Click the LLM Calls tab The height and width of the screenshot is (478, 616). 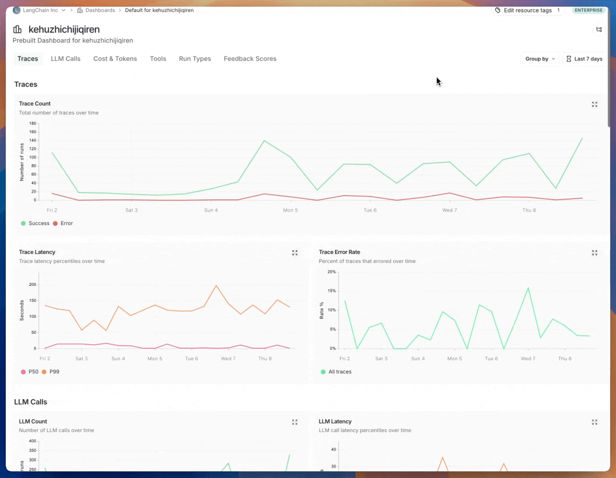coord(65,59)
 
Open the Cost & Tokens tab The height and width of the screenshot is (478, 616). coord(115,59)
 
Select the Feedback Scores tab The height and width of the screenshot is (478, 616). coord(250,59)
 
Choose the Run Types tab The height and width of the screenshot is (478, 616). coord(195,59)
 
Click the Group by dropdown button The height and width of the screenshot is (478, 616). coord(540,59)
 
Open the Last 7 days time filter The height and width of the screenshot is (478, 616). coord(584,59)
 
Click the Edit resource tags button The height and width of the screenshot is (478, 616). coord(527,10)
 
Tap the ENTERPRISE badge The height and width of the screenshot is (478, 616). coord(589,10)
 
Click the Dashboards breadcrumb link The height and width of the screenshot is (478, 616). coord(100,10)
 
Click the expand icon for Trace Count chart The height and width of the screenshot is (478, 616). coord(595,104)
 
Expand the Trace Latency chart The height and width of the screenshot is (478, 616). coord(295,253)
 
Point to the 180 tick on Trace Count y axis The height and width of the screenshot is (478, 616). coord(33,123)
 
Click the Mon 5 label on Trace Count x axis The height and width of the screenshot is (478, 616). coord(290,210)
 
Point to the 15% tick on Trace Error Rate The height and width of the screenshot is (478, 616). coord(331,291)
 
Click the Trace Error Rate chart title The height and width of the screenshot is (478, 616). coord(339,252)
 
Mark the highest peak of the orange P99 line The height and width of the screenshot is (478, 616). coord(216,285)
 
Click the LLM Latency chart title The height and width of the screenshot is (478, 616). coord(335,421)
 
